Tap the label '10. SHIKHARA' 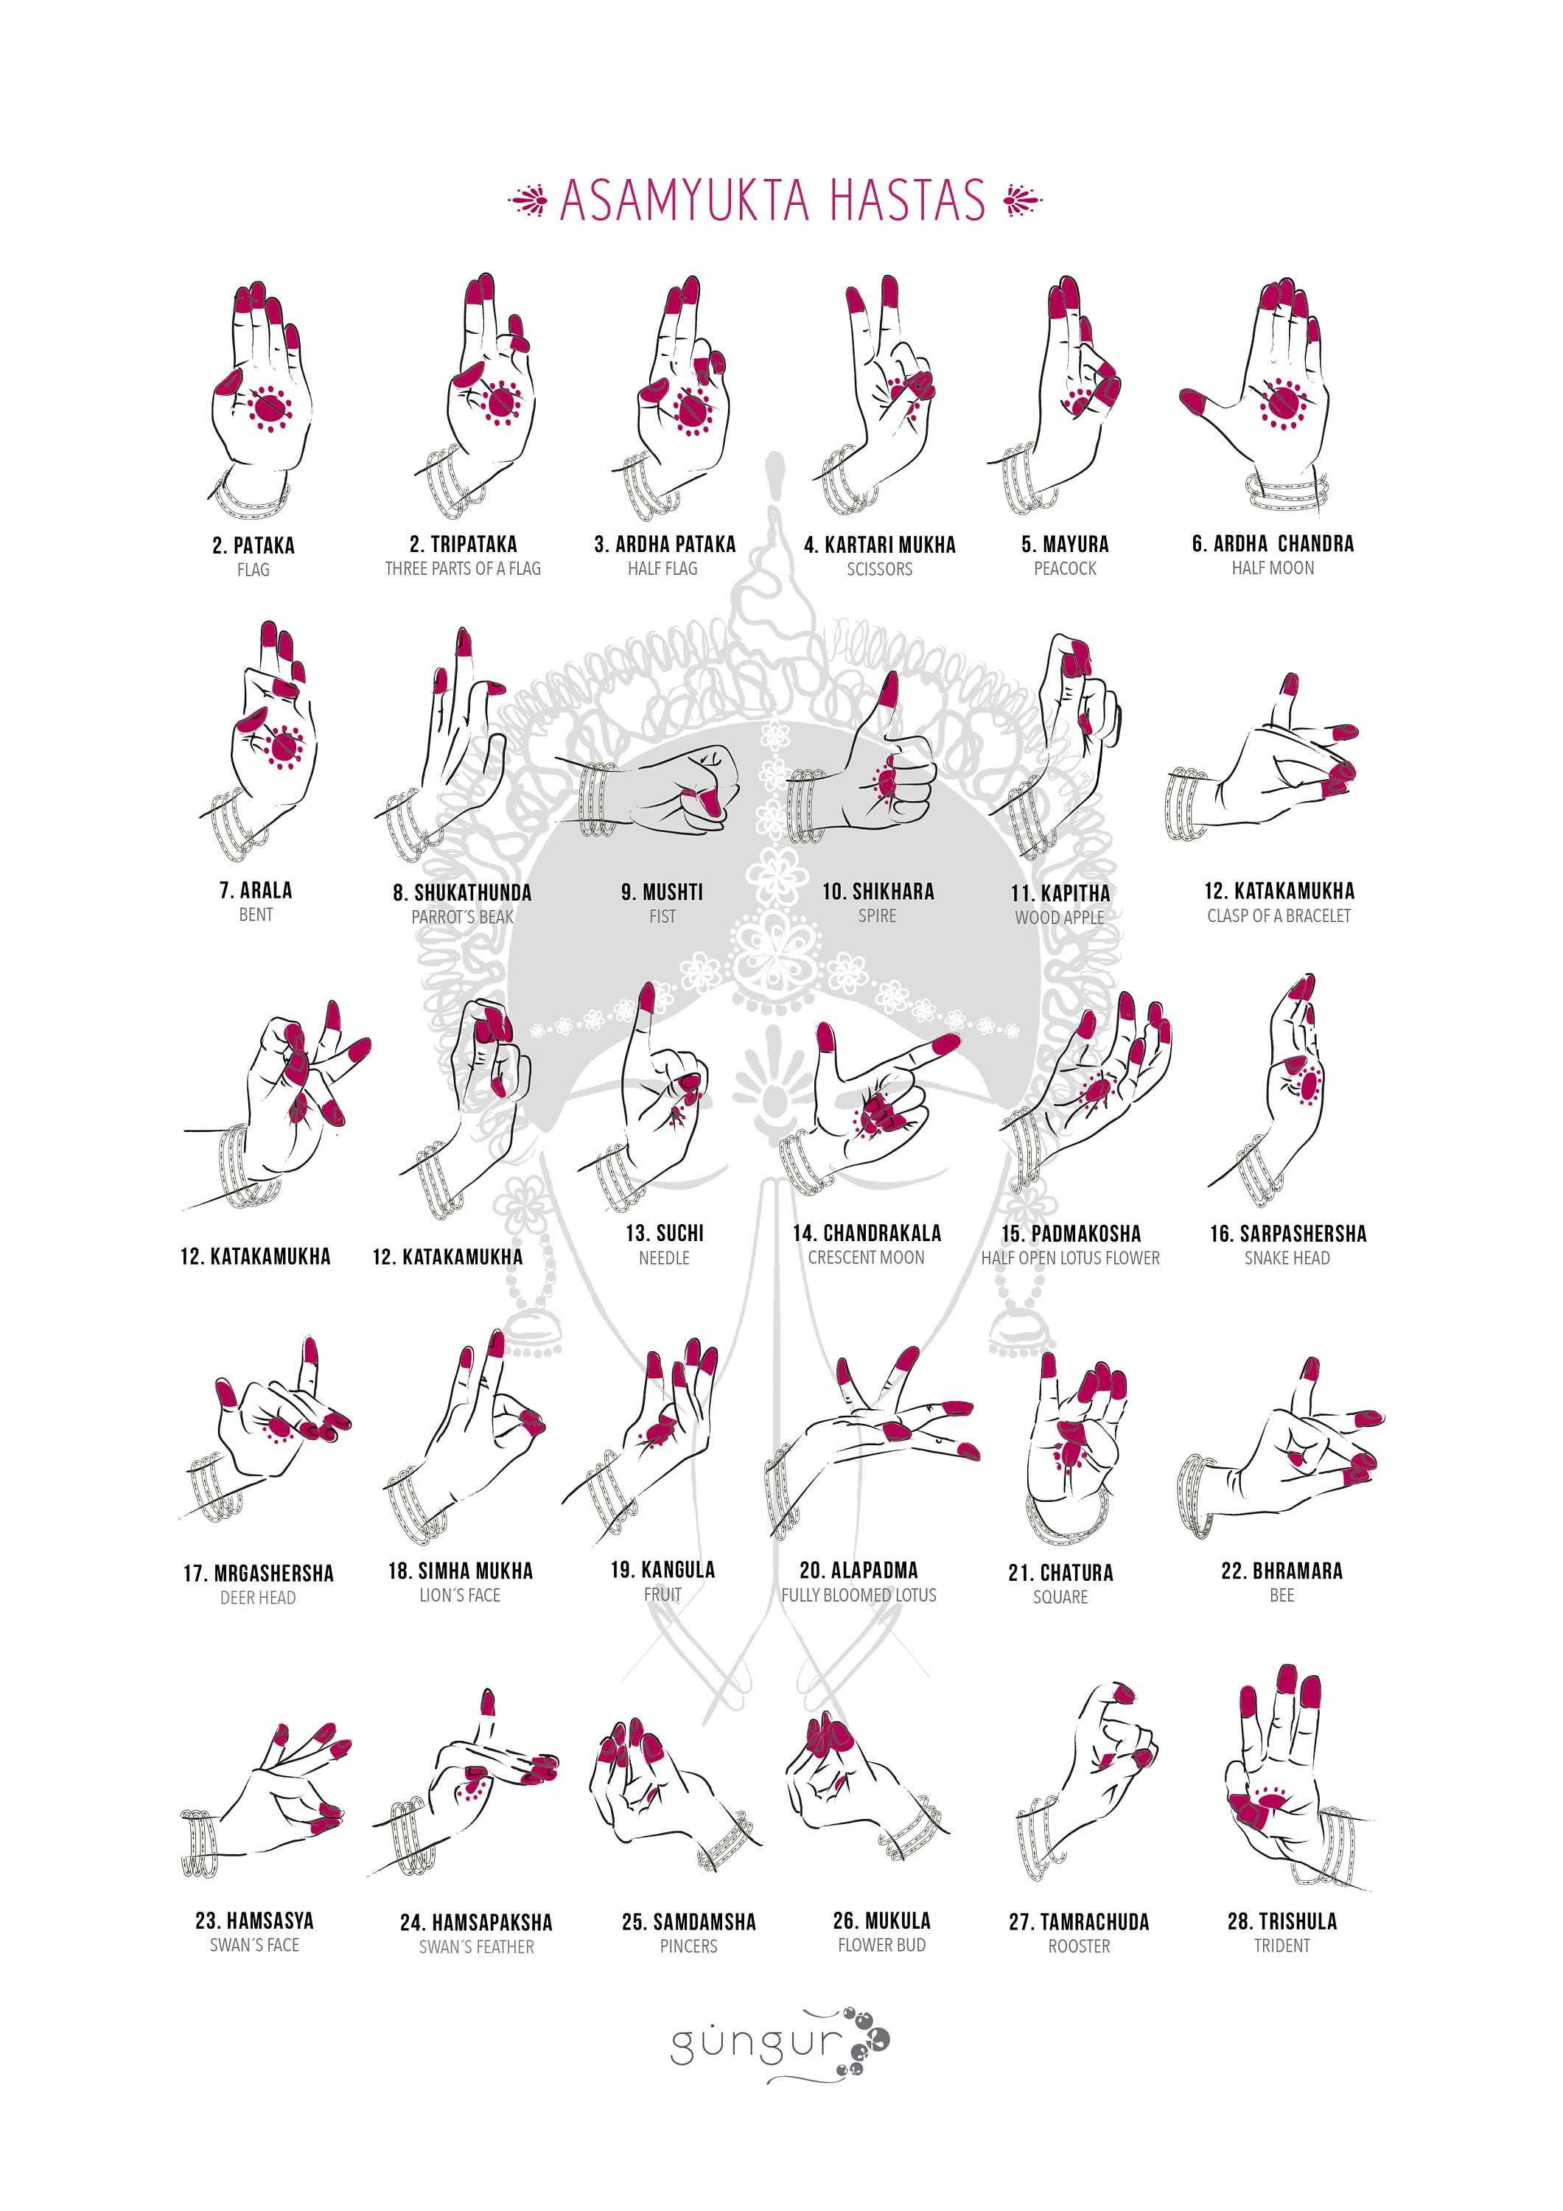click(878, 892)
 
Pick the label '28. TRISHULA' click(1281, 1921)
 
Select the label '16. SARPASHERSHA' click(1287, 1234)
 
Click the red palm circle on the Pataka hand click(269, 405)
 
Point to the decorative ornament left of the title click(528, 200)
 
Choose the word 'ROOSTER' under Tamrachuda click(1079, 1946)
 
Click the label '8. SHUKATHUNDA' click(461, 893)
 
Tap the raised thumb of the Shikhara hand click(888, 688)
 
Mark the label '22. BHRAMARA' click(1281, 1571)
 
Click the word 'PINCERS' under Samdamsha click(688, 1946)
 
